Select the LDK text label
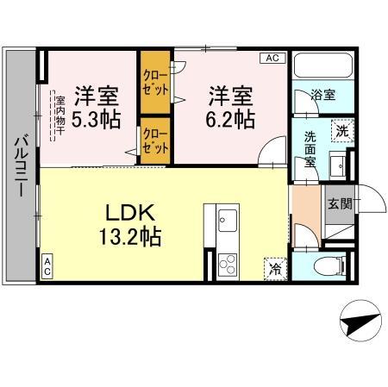click(x=132, y=213)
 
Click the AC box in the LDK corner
click(x=47, y=266)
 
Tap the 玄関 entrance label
click(x=339, y=203)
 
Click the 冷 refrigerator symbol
click(x=276, y=267)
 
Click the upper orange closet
click(x=156, y=83)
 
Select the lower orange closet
click(x=156, y=140)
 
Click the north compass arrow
click(x=358, y=326)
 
